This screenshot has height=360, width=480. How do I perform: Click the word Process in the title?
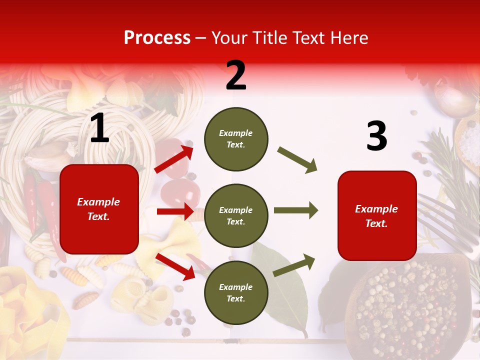pos(157,38)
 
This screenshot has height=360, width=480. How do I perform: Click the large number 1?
pos(99,128)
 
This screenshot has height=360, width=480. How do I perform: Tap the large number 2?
pos(236,75)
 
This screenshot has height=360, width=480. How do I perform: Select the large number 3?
pos(376,136)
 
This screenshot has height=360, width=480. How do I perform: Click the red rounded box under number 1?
pos(99,209)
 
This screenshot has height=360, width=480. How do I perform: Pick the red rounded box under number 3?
pos(377,215)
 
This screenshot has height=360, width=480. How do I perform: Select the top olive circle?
pos(236,139)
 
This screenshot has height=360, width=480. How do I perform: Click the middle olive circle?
pos(236,215)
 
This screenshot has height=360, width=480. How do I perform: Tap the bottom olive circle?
pos(236,292)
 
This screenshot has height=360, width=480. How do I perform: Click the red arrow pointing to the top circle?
pos(174,159)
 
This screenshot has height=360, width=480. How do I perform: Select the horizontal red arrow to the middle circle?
pos(175,211)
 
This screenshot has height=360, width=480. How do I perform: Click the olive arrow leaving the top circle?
pos(297,159)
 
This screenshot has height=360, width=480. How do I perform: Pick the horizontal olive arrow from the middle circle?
pos(295,210)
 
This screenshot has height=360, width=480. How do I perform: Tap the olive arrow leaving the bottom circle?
pos(294,265)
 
